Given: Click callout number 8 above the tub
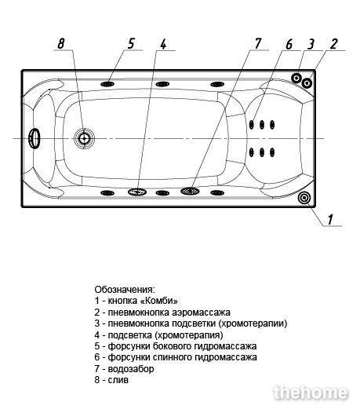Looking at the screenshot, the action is (61, 43).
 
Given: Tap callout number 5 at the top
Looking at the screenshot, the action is (131, 43).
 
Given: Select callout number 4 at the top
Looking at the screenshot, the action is (163, 44).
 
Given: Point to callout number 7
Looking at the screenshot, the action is (258, 43).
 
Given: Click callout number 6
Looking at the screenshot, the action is (289, 44).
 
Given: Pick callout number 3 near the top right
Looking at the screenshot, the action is (311, 44).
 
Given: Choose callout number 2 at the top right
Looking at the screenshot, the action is (333, 44).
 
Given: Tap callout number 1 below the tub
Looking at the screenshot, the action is (330, 219).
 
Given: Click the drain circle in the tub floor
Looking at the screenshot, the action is (84, 138).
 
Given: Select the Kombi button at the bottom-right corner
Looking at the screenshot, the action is (304, 198).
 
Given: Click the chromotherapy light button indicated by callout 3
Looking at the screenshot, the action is (296, 78).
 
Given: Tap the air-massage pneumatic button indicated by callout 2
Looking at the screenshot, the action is (307, 83).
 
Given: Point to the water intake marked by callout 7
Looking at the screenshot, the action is (190, 191).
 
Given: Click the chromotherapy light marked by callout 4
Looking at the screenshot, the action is (137, 192).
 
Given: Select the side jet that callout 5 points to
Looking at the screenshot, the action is (107, 84).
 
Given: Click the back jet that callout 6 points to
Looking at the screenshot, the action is (252, 124).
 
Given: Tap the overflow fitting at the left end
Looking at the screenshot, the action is (35, 138).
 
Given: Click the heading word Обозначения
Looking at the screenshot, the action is (125, 290).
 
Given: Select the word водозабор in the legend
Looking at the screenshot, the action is (131, 369).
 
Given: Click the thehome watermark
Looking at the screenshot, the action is (311, 393).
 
